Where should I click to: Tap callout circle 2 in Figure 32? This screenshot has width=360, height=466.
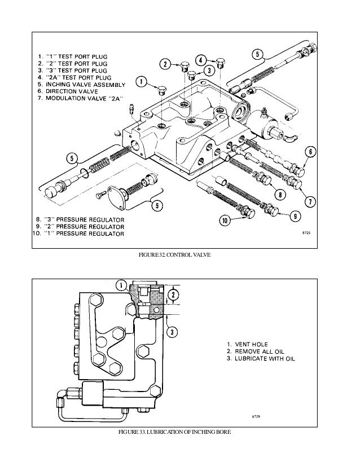click(x=165, y=64)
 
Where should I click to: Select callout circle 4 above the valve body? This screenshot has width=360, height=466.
click(x=201, y=60)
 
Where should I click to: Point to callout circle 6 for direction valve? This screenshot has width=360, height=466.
click(x=310, y=151)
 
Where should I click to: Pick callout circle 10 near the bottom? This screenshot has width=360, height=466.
click(x=226, y=221)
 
